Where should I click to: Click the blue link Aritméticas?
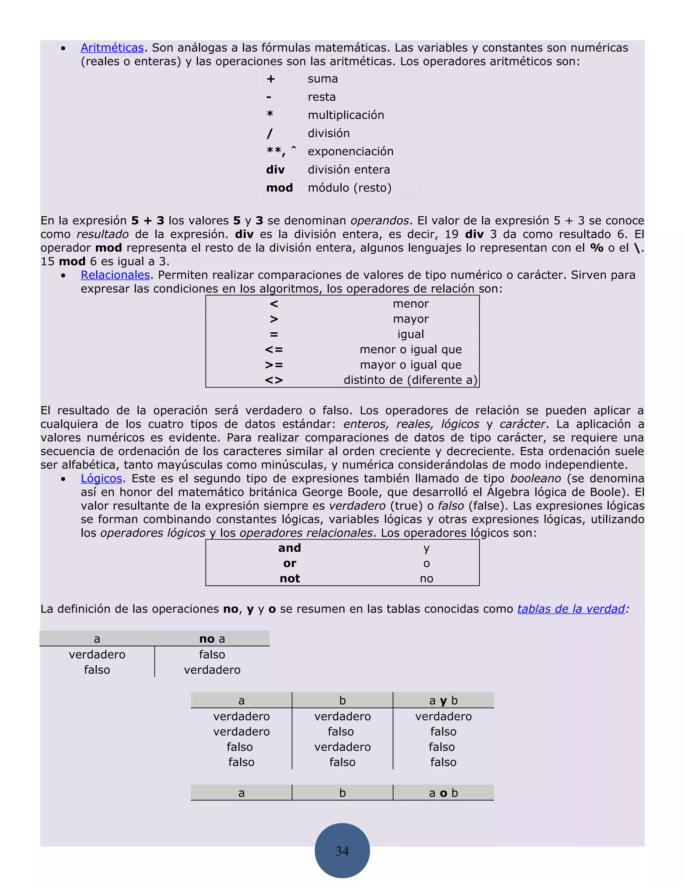(112, 48)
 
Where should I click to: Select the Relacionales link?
(115, 275)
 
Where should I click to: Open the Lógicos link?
(101, 478)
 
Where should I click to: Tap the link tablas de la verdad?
(571, 609)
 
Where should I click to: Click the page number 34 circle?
(342, 851)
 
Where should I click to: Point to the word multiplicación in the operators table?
(346, 115)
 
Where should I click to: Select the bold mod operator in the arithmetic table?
(279, 188)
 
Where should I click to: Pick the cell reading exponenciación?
(351, 151)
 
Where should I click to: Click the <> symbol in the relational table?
(274, 380)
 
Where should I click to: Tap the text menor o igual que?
(410, 350)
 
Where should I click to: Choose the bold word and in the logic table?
(289, 548)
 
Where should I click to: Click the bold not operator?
(289, 578)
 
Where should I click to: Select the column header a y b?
(443, 700)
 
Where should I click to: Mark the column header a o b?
(443, 793)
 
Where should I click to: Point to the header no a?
(212, 639)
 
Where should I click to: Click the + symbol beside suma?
(271, 79)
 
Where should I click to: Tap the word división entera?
(349, 170)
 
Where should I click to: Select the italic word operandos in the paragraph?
(379, 221)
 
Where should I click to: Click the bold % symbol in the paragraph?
(597, 248)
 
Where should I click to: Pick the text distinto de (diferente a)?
(410, 380)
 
